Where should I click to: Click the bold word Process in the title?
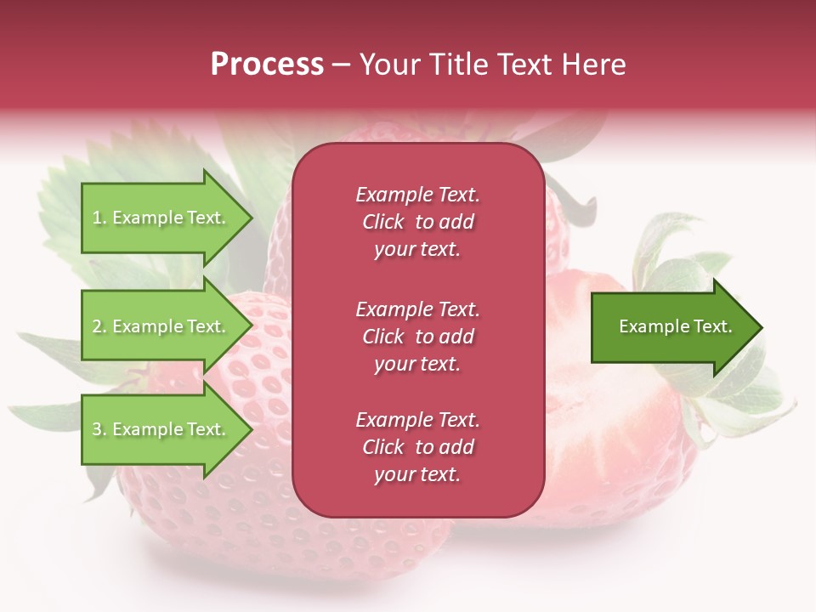coord(267,65)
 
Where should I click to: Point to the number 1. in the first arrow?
coord(99,218)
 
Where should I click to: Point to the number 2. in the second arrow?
coord(99,326)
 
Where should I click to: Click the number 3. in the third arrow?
coord(99,429)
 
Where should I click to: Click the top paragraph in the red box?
coord(417,222)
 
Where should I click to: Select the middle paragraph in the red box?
coord(417,337)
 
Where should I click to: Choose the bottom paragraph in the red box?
coord(417,447)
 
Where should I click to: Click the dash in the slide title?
coord(341,65)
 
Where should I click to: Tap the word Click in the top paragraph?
coord(383,222)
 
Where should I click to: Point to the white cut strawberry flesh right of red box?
coord(595,425)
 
